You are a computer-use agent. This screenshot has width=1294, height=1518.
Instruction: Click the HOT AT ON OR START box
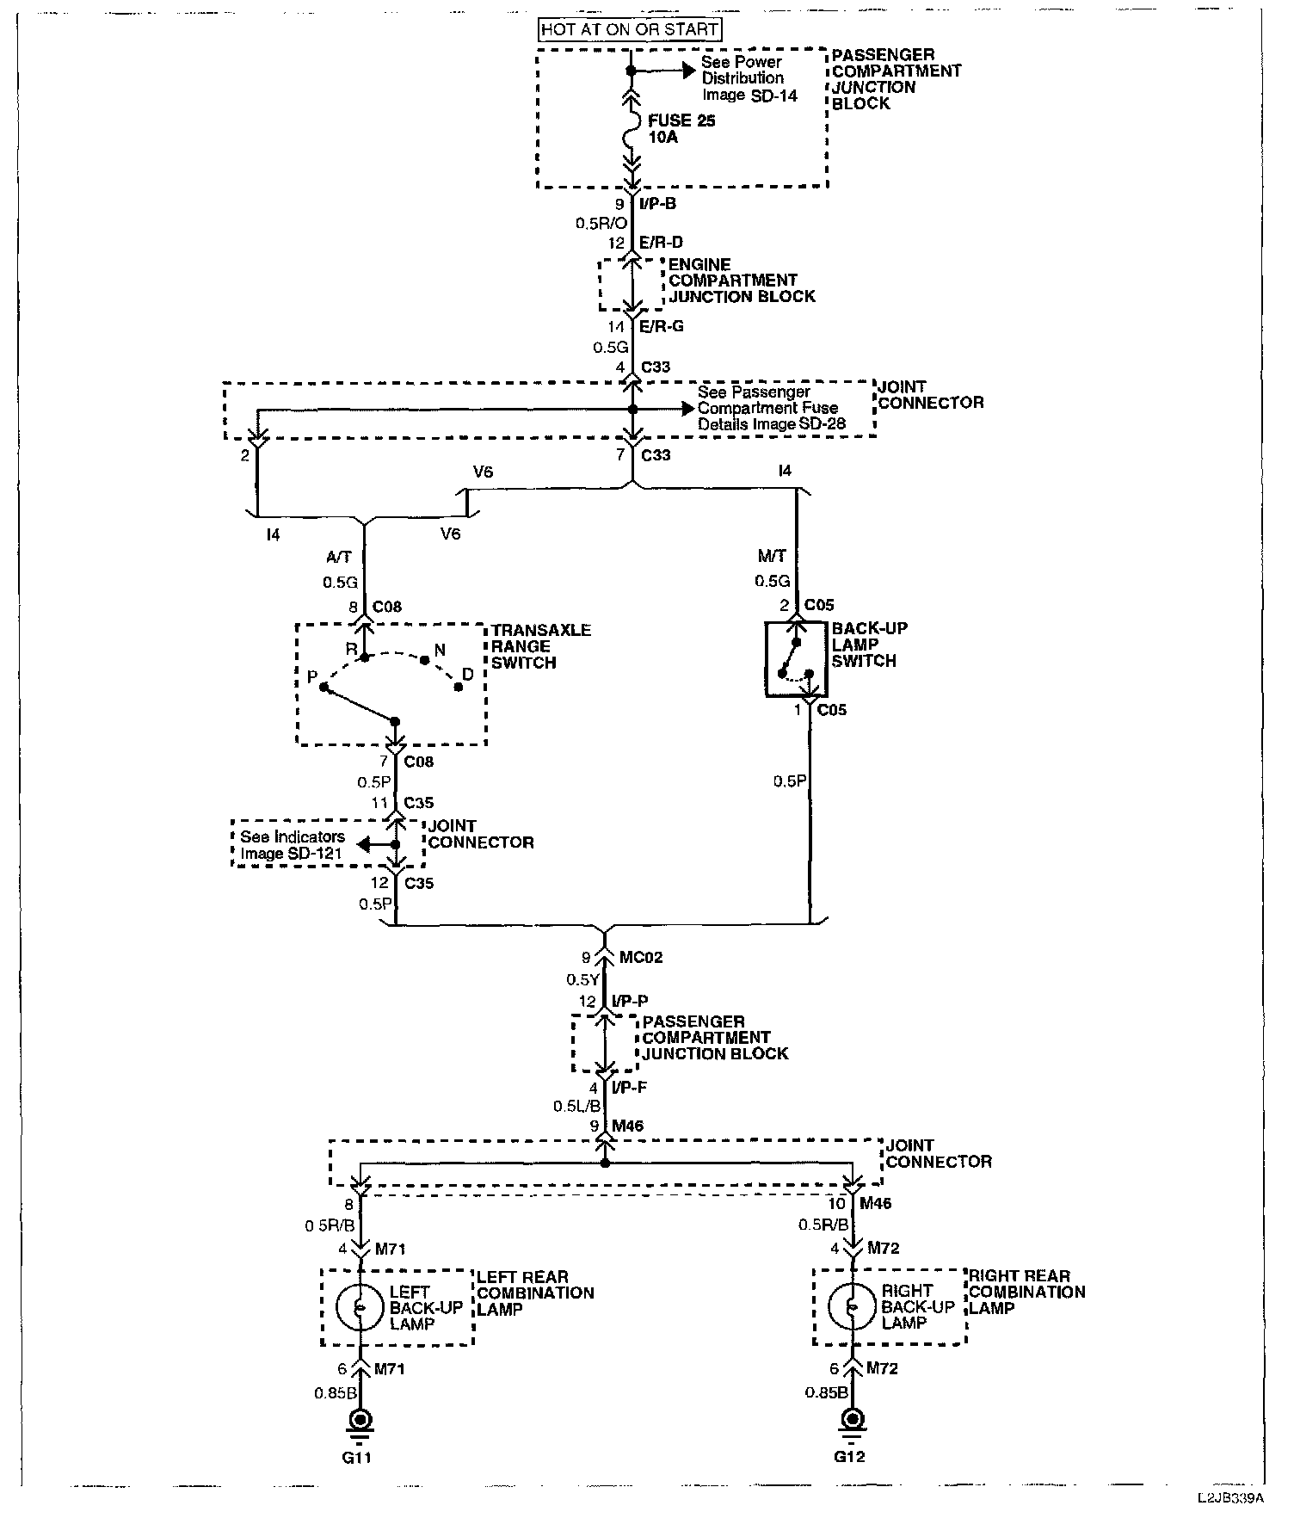630,29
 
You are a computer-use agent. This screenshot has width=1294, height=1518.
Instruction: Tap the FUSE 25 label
681,121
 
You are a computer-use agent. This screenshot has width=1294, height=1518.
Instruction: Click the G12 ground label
850,1457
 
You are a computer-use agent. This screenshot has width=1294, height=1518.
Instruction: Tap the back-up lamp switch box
796,659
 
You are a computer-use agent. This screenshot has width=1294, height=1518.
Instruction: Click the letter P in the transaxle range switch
312,677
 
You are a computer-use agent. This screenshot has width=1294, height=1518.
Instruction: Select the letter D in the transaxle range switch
468,675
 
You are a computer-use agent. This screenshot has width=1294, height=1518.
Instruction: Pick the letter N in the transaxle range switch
440,650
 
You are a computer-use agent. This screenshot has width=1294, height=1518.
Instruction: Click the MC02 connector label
641,957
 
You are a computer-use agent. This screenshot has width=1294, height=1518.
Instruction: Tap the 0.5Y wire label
582,979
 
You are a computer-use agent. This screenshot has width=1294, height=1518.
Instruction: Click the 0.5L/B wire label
577,1107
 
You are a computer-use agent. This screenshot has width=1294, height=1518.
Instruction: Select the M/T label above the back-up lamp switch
773,557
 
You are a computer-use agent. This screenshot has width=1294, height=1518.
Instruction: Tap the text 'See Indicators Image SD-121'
293,845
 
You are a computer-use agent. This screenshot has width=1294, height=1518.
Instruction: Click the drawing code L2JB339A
1229,1503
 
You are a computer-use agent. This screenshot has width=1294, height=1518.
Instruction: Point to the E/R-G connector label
660,327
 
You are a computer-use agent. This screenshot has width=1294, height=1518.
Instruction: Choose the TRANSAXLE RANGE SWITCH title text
541,646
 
